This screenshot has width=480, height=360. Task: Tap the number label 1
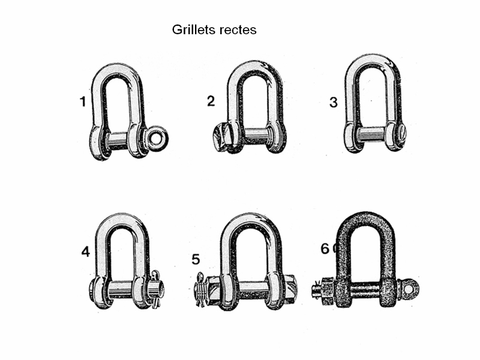[x=83, y=101]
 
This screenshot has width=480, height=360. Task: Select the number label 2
[x=211, y=101]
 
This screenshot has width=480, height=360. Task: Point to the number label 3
[x=334, y=102]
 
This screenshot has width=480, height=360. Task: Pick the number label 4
[x=85, y=251]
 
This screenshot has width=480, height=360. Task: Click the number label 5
[x=196, y=260]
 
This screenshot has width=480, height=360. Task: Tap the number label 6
[x=325, y=248]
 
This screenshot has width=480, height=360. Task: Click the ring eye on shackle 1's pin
[x=158, y=138]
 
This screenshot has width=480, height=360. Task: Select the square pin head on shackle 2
[x=221, y=137]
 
